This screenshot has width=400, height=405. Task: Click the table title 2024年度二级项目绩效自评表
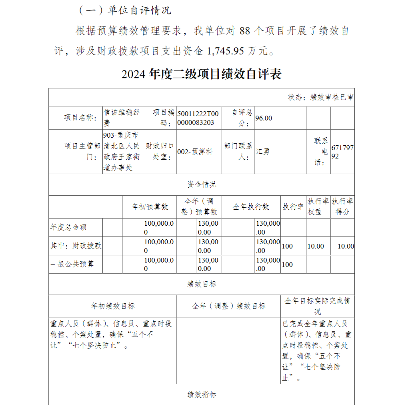click(202, 74)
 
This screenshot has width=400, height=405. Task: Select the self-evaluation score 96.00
click(264, 118)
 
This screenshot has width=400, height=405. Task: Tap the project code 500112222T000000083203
click(198, 118)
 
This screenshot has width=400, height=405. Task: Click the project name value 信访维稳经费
click(122, 118)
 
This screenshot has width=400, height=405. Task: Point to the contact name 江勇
click(262, 152)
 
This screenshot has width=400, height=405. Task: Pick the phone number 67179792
click(342, 152)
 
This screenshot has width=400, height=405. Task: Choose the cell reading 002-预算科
click(195, 152)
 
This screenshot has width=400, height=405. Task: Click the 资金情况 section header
click(202, 184)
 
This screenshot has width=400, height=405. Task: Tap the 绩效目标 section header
click(202, 284)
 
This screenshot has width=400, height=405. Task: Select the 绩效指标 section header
click(202, 395)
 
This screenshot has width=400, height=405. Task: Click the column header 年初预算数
click(150, 207)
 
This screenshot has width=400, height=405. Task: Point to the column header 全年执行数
click(251, 207)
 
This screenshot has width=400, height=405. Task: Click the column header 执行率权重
click(318, 207)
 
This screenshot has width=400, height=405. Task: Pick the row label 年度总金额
click(68, 227)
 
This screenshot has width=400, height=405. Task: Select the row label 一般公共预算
click(72, 264)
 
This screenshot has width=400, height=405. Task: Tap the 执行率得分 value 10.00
click(346, 246)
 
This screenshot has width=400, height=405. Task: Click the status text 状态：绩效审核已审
click(321, 97)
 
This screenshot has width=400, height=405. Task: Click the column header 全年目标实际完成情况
click(318, 306)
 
